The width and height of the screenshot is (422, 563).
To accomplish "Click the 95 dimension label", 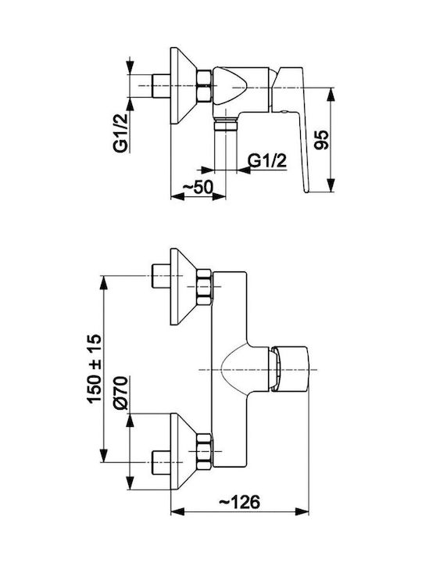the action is point(321,140).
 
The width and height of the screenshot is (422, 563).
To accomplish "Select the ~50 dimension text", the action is point(198,188).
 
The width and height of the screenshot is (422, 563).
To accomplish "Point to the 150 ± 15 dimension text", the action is point(95,369).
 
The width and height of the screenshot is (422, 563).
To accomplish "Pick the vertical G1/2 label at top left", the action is point(121,132).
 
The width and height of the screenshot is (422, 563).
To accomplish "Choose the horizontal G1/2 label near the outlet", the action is point(268,161).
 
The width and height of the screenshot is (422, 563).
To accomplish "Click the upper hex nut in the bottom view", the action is point(204,288).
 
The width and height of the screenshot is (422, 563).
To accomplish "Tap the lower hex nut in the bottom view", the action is point(204,451).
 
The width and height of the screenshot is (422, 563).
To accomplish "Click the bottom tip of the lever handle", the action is point(306,192).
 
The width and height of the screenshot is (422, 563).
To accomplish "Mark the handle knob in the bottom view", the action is point(289,369).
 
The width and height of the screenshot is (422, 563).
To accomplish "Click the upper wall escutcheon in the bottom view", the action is point(183,286).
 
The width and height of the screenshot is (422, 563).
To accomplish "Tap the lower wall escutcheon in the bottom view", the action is point(183,451).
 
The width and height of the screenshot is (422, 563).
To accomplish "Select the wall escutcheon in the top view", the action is point(183,86).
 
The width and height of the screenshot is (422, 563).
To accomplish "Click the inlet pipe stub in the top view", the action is point(161,86).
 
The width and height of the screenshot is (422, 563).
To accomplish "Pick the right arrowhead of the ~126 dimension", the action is point(302,511).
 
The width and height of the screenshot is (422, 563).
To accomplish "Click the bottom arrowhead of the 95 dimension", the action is point(332,185).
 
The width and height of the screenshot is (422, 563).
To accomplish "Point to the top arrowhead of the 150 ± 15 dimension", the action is point(103,282).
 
